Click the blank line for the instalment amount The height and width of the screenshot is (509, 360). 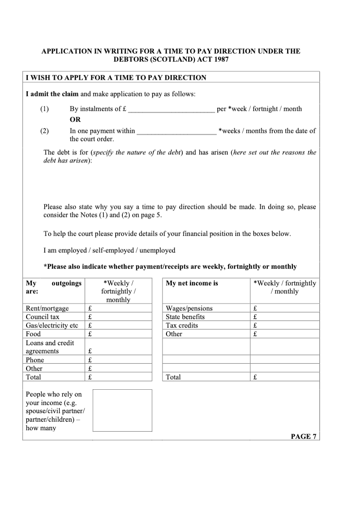pyautogui.click(x=173, y=109)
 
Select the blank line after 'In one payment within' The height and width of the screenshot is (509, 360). pyautogui.click(x=176, y=131)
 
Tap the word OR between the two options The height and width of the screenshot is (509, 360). pyautogui.click(x=75, y=120)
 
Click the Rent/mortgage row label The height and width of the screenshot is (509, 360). pyautogui.click(x=47, y=308)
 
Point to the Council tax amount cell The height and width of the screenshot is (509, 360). pyautogui.click(x=118, y=317)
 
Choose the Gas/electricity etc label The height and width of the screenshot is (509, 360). pyautogui.click(x=52, y=325)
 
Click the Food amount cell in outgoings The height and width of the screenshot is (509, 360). pyautogui.click(x=118, y=334)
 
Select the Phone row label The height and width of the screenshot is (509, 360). pyautogui.click(x=35, y=360)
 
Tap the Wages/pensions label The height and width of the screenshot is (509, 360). pyautogui.click(x=189, y=308)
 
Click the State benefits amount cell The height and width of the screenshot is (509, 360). pyautogui.click(x=284, y=317)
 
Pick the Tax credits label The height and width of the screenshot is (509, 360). pyautogui.click(x=182, y=325)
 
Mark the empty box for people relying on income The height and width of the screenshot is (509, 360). pyautogui.click(x=122, y=410)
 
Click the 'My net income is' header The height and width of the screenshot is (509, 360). pyautogui.click(x=192, y=284)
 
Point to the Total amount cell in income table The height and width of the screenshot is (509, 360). pyautogui.click(x=284, y=377)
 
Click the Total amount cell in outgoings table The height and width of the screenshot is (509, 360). pyautogui.click(x=118, y=377)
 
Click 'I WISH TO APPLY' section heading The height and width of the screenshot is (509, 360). pyautogui.click(x=116, y=77)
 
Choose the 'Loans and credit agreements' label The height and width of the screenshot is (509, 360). pyautogui.click(x=49, y=347)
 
